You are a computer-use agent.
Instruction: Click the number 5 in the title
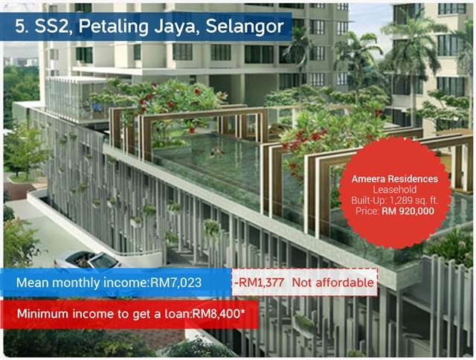pyautogui.click(x=20, y=27)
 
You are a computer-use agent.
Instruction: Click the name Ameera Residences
pyautogui.click(x=395, y=179)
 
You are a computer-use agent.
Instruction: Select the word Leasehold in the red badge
pyautogui.click(x=395, y=190)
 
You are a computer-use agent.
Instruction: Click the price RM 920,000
pyautogui.click(x=408, y=211)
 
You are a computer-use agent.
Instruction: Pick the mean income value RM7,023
pyautogui.click(x=176, y=283)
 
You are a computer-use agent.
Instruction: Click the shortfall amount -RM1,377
pyautogui.click(x=259, y=283)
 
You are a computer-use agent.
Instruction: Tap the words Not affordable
pyautogui.click(x=332, y=283)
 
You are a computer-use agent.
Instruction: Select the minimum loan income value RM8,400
pyautogui.click(x=219, y=314)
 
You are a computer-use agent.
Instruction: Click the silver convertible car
pyautogui.click(x=88, y=260)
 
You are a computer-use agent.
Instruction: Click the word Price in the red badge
pyautogui.click(x=367, y=211)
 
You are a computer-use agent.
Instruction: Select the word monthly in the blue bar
pyautogui.click(x=76, y=283)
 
